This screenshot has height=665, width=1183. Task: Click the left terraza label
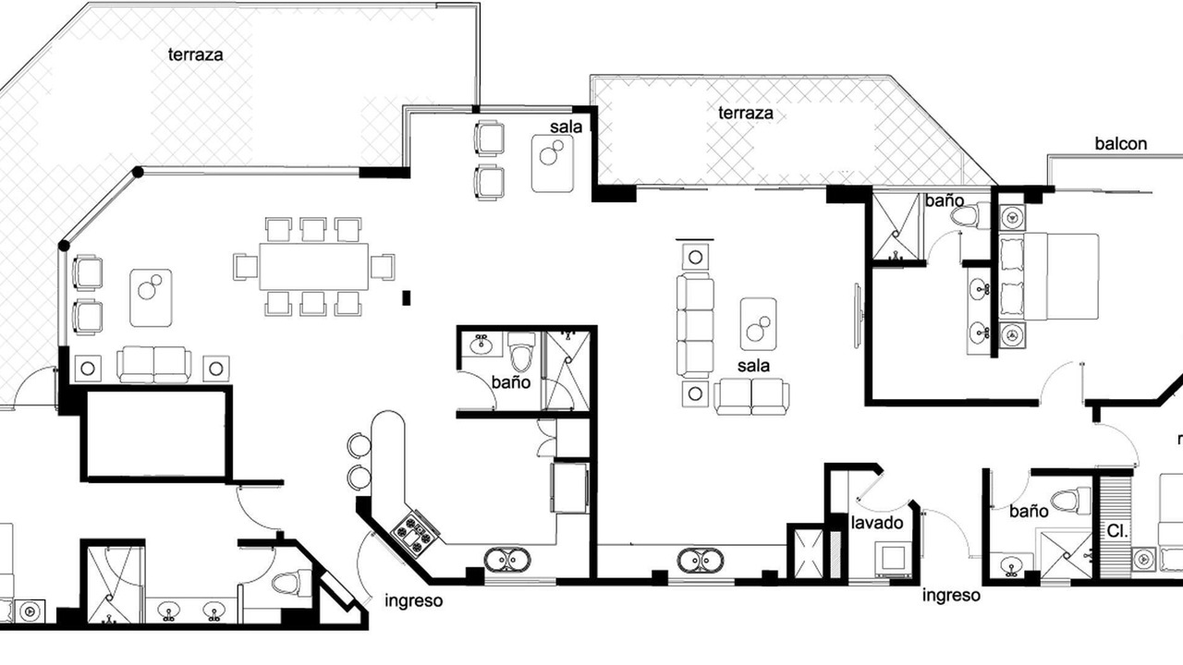pyautogui.click(x=195, y=54)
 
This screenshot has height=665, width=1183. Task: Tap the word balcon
pyautogui.click(x=1121, y=143)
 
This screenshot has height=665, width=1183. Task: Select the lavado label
pyautogui.click(x=877, y=523)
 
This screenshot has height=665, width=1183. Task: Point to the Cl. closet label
pyautogui.click(x=1117, y=531)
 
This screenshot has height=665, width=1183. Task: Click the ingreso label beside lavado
pyautogui.click(x=951, y=596)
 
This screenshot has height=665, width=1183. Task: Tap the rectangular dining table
pyautogui.click(x=313, y=267)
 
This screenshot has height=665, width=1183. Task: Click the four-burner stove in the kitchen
pyautogui.click(x=415, y=532)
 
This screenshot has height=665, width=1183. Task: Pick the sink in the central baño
pyautogui.click(x=482, y=345)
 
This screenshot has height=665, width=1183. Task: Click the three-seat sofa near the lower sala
pyautogui.click(x=695, y=325)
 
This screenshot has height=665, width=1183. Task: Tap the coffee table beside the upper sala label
pyautogui.click(x=553, y=163)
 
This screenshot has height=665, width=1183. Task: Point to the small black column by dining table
pyautogui.click(x=406, y=297)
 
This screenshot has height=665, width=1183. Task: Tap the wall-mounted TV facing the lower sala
pyautogui.click(x=859, y=316)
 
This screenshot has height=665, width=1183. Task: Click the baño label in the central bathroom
pyautogui.click(x=511, y=382)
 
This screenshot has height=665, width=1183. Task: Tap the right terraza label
pyautogui.click(x=746, y=113)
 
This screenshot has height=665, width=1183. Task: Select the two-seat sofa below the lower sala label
pyautogui.click(x=751, y=396)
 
